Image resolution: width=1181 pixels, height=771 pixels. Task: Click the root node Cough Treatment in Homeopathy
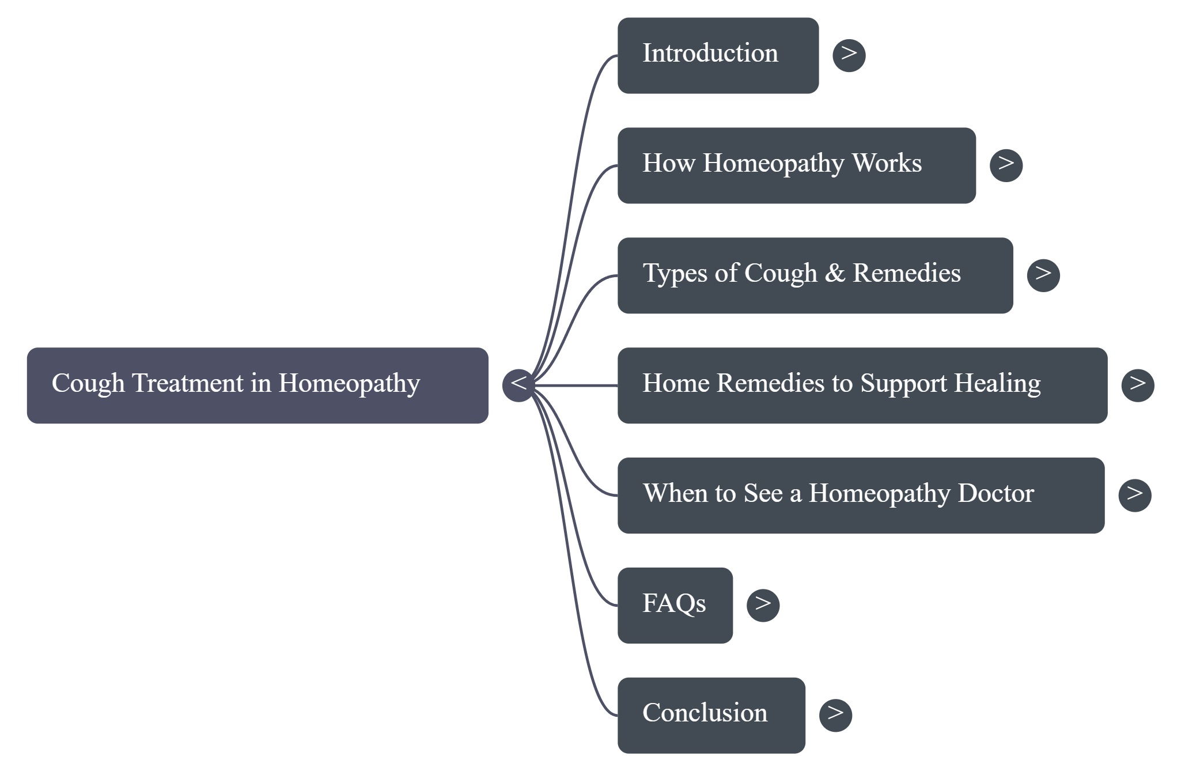pos(258,385)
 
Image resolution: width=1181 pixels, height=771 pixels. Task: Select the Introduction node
pos(718,55)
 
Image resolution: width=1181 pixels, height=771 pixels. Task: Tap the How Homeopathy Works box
pos(796,165)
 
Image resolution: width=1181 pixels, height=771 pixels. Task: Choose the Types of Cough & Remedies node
pos(815,275)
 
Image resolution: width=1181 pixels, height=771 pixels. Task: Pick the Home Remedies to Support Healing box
pos(862,385)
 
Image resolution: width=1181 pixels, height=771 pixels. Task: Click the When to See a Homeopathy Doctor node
pos(861,495)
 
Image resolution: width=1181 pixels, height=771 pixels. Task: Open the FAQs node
pos(675,604)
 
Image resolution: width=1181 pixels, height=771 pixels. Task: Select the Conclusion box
pos(711,715)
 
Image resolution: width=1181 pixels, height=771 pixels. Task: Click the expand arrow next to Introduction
pos(849,55)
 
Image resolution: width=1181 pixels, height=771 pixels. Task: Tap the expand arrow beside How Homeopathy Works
pos(1006,165)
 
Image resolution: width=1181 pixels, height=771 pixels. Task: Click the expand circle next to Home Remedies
pos(1137,385)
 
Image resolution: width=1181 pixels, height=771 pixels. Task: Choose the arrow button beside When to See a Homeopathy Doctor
pos(1134,495)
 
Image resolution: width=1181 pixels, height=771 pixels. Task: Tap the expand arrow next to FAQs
pos(763,605)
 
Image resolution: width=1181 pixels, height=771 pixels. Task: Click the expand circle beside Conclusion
pos(835,715)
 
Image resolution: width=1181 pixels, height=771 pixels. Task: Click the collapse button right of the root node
pos(518,385)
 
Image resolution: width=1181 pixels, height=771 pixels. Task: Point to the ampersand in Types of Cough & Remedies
pos(834,273)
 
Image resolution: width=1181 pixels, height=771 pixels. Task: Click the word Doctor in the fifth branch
pos(995,493)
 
